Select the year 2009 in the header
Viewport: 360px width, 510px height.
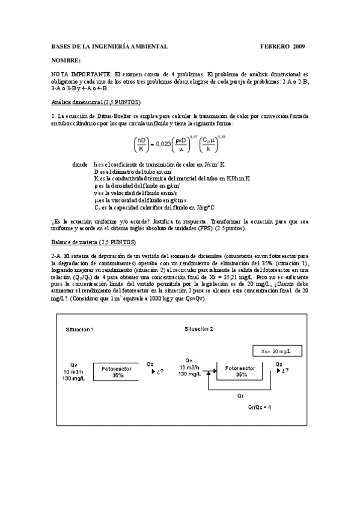click(x=299, y=46)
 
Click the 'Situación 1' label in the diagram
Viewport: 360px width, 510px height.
click(x=80, y=330)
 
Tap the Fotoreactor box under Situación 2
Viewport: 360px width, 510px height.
click(x=240, y=370)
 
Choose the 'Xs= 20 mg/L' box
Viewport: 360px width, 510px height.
click(x=275, y=351)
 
